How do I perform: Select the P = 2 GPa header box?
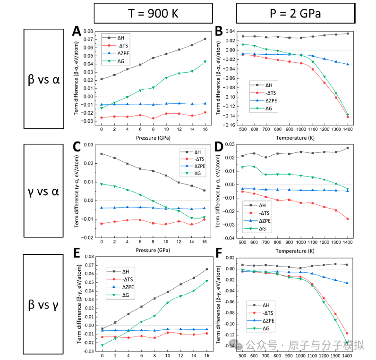click(296, 13)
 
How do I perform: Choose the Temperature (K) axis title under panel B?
click(295, 138)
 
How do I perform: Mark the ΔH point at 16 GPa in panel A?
click(205, 39)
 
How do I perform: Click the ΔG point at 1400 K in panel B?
click(348, 115)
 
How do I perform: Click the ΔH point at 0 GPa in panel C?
click(102, 154)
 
